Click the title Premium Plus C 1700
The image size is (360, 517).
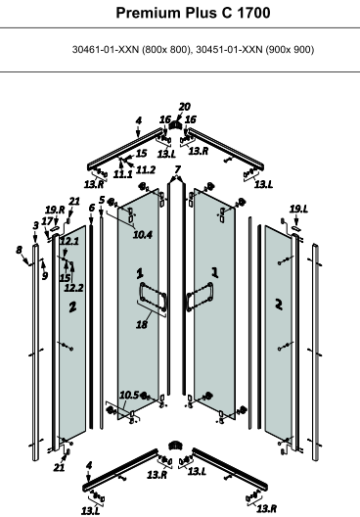click(x=193, y=13)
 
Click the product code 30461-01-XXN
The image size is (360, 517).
click(x=106, y=50)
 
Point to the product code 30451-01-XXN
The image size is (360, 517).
click(x=229, y=50)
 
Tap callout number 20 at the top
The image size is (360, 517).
click(x=185, y=107)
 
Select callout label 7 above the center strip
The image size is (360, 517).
click(x=177, y=169)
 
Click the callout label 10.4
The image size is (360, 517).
click(x=143, y=235)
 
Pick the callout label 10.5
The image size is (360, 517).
click(x=129, y=395)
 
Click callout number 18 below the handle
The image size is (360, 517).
click(x=142, y=324)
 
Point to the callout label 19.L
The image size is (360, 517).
click(x=298, y=209)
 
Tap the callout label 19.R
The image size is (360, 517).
click(x=55, y=210)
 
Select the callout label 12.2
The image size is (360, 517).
click(x=73, y=288)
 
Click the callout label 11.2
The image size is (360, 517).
click(x=145, y=169)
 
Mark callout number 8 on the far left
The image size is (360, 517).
click(x=20, y=250)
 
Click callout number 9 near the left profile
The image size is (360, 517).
click(x=45, y=275)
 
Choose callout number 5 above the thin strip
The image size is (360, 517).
click(x=102, y=200)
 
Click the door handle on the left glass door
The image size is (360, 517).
click(x=153, y=296)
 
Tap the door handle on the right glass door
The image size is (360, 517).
click(x=200, y=296)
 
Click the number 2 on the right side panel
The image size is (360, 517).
click(x=279, y=305)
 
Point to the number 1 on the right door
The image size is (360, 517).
click(x=215, y=272)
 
